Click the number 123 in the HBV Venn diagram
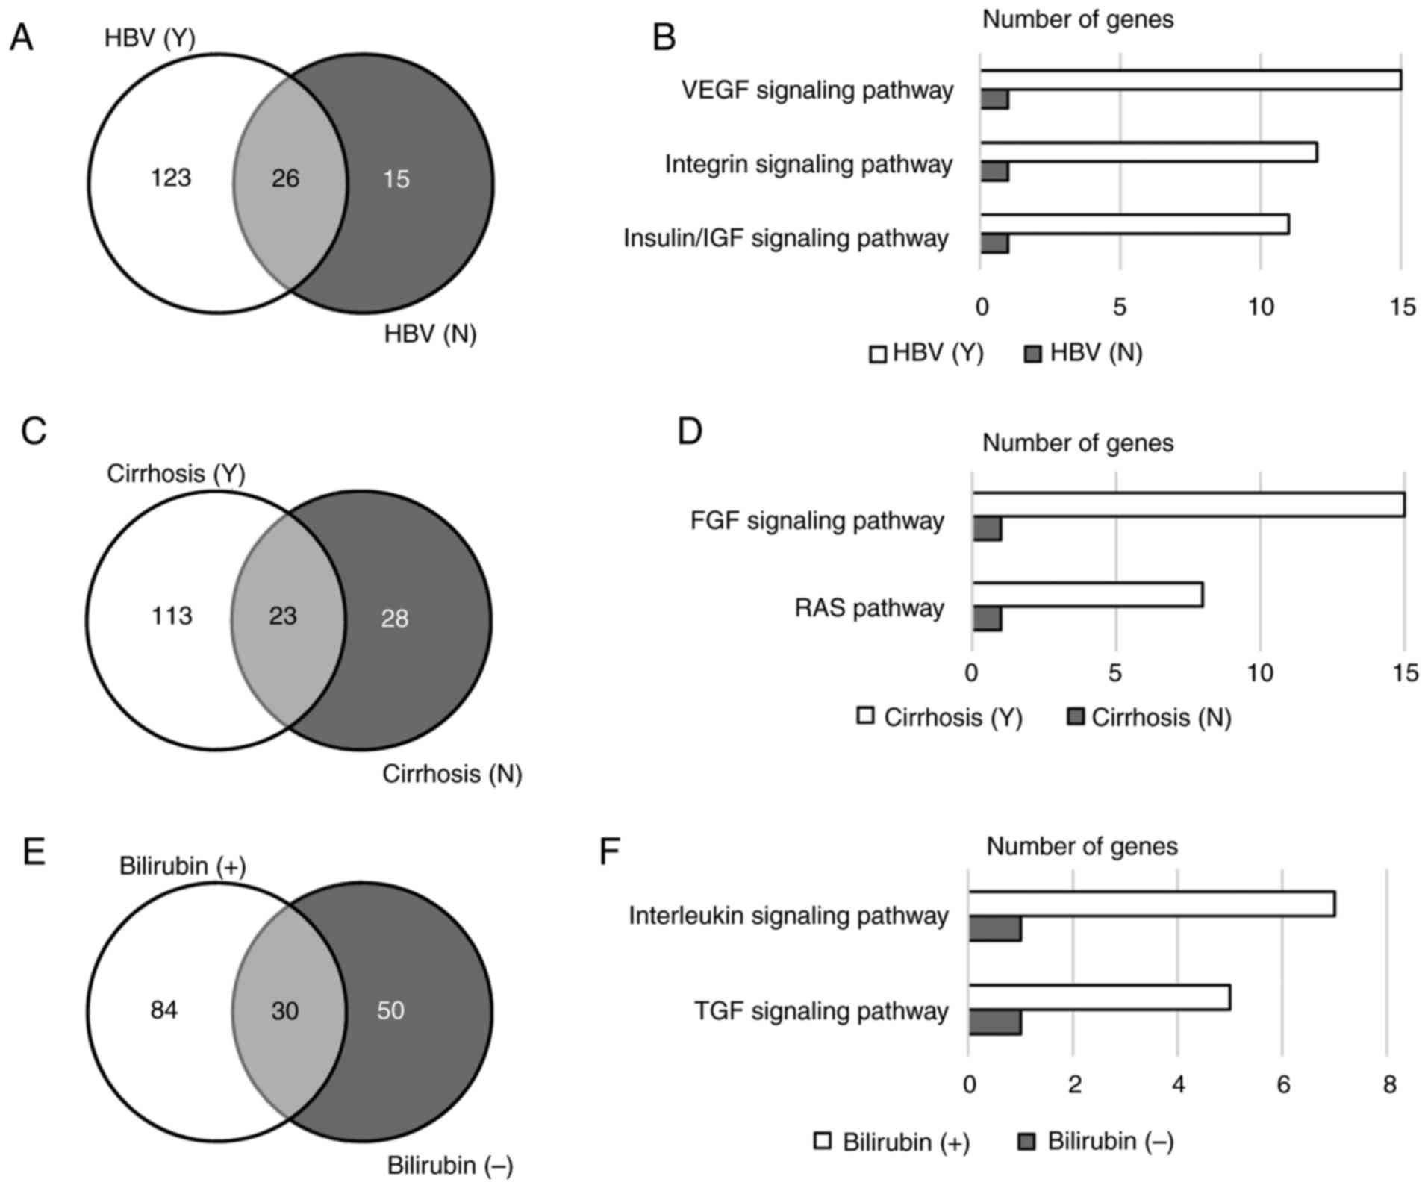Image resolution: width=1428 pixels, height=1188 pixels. tap(171, 178)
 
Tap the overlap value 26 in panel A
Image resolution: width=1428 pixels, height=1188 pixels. tap(285, 178)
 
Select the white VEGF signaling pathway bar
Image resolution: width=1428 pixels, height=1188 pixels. tap(1190, 80)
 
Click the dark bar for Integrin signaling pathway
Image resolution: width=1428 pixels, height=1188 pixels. tap(994, 172)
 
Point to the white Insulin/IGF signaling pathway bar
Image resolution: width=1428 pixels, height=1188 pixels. tap(1134, 225)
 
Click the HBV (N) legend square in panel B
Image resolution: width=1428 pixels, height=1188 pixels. tap(1033, 354)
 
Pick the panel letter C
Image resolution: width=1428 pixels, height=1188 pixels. tap(34, 431)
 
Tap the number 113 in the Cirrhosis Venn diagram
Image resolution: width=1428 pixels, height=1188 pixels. tap(172, 616)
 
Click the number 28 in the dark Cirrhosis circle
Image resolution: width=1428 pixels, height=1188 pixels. tap(394, 619)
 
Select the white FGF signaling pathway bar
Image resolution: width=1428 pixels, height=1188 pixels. tap(1188, 505)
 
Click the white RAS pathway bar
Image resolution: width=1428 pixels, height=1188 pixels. tap(1087, 595)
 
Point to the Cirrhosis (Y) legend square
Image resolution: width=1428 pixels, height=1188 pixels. tap(865, 716)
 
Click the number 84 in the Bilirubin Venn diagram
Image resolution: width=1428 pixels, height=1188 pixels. tap(163, 1010)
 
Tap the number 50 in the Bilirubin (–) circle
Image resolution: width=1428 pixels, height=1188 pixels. tap(390, 1010)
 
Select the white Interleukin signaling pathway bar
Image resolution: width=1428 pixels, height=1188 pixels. tap(1151, 904)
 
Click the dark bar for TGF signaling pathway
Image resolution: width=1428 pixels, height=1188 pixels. tap(995, 1022)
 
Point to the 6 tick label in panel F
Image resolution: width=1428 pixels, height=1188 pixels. tap(1283, 1084)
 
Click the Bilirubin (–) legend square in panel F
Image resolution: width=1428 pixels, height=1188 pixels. tap(1027, 1142)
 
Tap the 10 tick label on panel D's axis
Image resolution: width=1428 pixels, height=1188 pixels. tap(1260, 673)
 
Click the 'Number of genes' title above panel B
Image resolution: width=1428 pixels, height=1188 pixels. tap(1077, 19)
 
